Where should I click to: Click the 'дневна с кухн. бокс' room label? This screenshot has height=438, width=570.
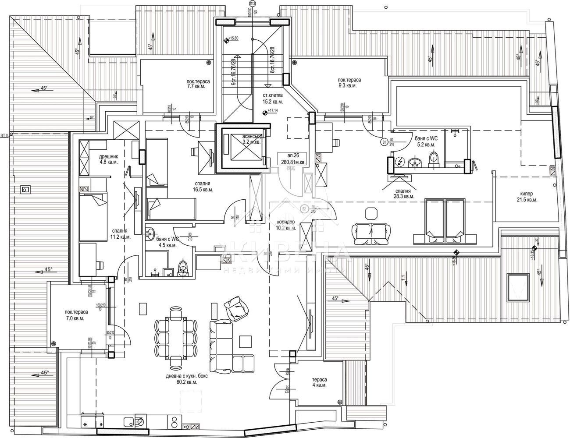[181, 379]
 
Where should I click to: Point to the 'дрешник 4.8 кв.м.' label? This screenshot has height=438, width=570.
[100, 158]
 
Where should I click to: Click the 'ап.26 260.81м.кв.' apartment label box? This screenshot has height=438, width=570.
[293, 159]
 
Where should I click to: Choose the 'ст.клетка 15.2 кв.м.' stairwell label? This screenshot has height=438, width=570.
[273, 98]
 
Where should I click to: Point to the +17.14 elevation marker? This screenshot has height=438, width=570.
[264, 113]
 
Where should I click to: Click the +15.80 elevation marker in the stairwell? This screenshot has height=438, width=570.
[226, 40]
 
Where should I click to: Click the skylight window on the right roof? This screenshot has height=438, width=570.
[518, 287]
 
